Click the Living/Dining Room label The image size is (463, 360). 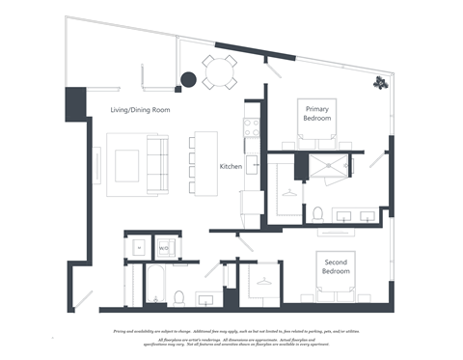point(140,110)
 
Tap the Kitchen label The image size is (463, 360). point(231,167)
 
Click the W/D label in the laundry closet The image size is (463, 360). point(163,248)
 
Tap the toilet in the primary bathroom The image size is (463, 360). point(317,213)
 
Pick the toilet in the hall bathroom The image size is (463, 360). point(180,294)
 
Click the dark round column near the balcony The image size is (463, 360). point(184,80)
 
